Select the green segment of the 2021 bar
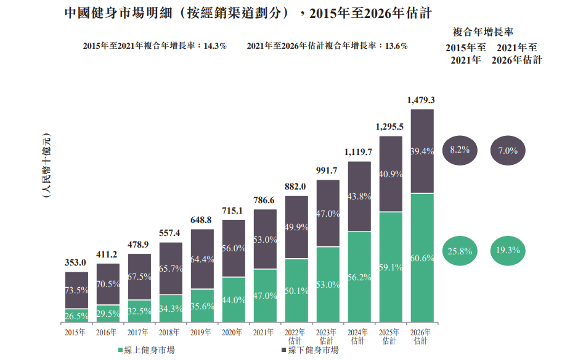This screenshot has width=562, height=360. pos(265,296)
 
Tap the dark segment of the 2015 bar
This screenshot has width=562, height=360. pos(76,290)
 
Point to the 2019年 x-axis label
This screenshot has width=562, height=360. pos(202,332)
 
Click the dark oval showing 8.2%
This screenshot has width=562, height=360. pos(460,149)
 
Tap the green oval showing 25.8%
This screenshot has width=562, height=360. pos(460,250)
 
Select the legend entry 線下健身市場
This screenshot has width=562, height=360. pos(309,350)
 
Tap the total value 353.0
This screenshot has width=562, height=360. pos(76,262)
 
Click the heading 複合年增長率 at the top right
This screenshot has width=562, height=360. pos(484,31)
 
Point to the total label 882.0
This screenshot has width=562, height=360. pos(296,186)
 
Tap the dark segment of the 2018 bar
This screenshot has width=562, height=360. pos(171,269)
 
